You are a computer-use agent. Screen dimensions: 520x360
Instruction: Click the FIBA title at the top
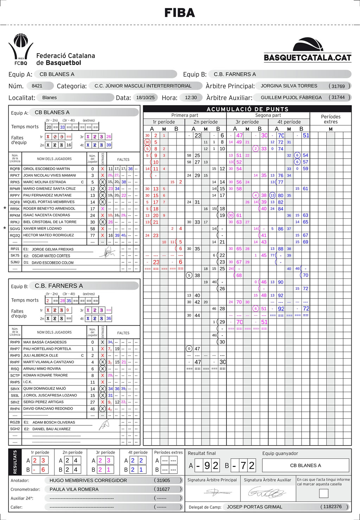coord(180,13)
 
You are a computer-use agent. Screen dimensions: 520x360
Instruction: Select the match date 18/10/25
coord(145,97)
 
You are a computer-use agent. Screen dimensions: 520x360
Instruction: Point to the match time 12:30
coord(191,97)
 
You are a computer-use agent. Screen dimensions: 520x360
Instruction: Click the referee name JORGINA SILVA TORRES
coord(289,86)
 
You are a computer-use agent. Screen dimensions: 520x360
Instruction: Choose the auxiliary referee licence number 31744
coord(338,97)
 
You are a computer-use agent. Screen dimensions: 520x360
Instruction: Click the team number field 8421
coord(37,86)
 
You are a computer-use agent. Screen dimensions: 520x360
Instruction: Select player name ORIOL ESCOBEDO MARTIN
coord(46,169)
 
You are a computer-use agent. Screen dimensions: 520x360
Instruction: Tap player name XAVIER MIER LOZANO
coord(42,229)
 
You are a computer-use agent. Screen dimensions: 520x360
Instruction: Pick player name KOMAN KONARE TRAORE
coord(45,375)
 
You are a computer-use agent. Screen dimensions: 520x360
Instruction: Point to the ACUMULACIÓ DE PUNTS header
coord(247,109)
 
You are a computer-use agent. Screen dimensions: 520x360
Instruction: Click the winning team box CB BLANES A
coord(306,466)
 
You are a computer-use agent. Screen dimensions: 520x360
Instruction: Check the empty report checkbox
coord(323,493)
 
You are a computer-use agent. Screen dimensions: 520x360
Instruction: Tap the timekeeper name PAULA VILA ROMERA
coord(74,489)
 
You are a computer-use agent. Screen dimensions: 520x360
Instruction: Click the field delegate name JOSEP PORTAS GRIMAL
coord(255,507)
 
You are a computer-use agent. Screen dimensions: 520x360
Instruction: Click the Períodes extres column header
coord(330,119)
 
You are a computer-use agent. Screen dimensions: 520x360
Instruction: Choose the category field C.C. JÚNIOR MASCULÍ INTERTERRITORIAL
coord(143,86)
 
